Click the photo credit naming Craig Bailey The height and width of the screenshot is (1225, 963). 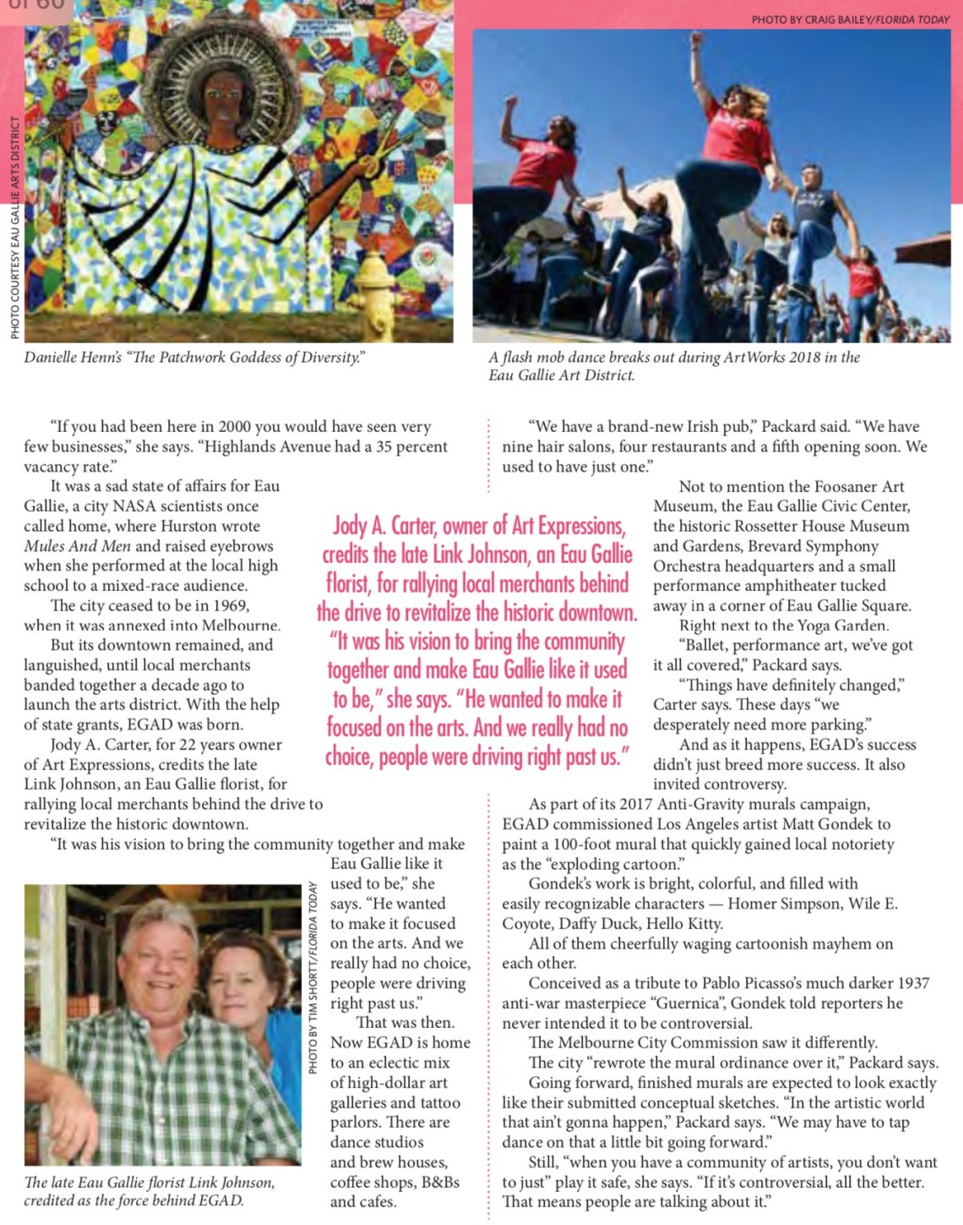point(850,19)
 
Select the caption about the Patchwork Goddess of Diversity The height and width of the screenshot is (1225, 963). point(194,358)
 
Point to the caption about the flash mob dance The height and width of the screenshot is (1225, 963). point(674,366)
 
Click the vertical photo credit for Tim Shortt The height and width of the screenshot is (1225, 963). point(313,977)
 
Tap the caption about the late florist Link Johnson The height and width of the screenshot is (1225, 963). point(149,1191)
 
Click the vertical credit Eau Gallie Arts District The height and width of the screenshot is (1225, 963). point(15,227)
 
